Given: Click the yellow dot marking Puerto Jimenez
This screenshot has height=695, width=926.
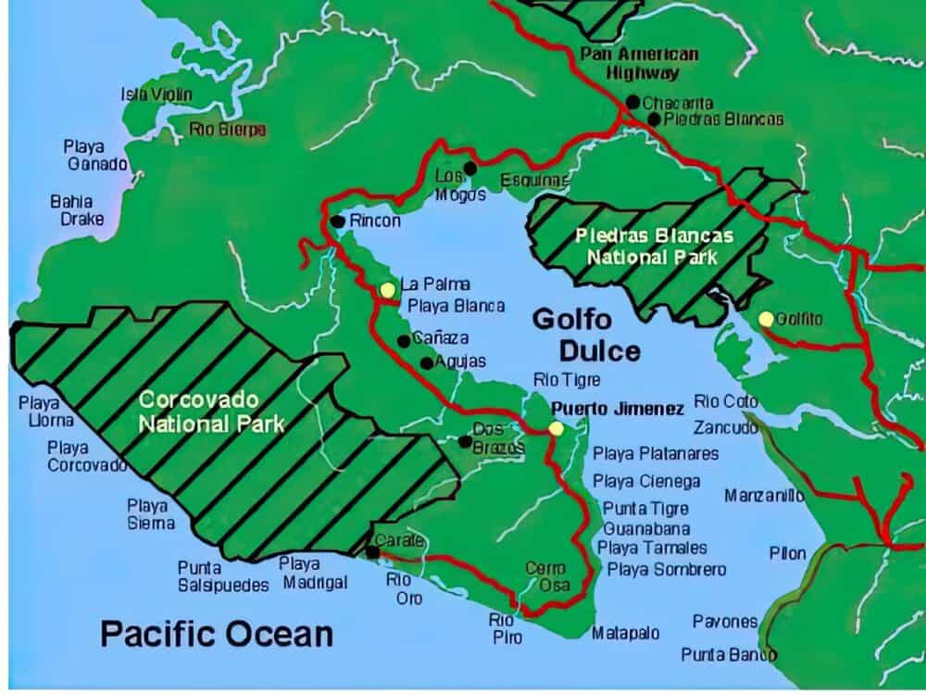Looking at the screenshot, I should point(556,428).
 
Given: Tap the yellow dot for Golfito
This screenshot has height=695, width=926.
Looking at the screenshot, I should point(766,319).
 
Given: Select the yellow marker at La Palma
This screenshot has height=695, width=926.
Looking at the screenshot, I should point(387,290).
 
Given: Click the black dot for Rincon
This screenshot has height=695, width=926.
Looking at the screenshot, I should point(336,221).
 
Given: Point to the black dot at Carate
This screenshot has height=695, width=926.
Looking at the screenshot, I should point(372,552).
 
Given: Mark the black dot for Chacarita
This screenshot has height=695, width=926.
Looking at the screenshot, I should point(632,101).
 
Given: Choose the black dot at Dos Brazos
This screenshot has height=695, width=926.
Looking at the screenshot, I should point(465,441).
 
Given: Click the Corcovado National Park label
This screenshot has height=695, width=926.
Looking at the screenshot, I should point(210,412).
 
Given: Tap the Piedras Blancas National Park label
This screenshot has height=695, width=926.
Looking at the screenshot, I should point(654,246).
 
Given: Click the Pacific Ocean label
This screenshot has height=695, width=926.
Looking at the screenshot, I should point(216,634).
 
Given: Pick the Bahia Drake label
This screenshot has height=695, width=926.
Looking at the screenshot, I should point(77,210).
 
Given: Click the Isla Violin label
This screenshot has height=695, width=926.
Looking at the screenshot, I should point(156,95).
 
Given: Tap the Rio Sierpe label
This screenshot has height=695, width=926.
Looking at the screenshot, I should point(228,130).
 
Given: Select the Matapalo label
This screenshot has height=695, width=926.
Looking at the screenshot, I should point(626,634).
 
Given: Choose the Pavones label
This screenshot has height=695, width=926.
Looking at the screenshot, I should point(724,622).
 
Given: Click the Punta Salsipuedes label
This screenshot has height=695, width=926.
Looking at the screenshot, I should point(222,576).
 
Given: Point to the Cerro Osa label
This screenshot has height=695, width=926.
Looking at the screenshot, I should point(545,576).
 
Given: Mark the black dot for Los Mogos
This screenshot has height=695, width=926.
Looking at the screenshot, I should point(470,168).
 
